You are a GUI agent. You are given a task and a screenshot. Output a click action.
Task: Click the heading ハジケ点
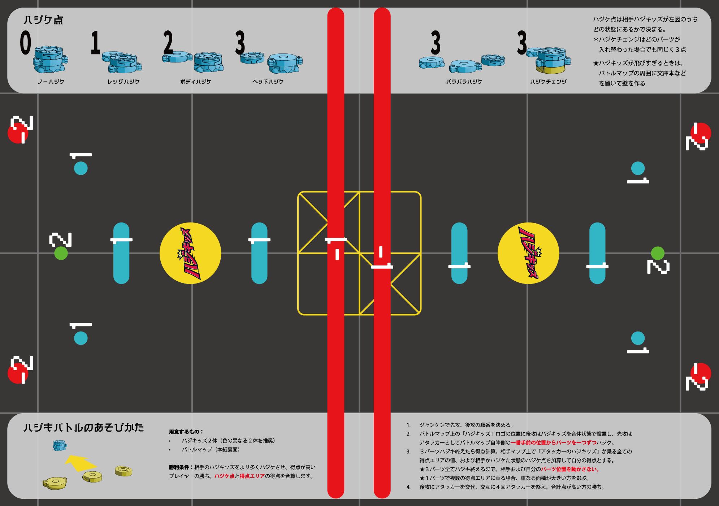coord(43,20)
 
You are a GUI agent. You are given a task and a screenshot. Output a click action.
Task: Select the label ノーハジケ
coord(51,82)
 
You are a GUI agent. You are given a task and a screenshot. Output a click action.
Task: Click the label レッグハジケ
coord(123,82)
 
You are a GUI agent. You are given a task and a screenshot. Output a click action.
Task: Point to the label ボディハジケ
coord(195,82)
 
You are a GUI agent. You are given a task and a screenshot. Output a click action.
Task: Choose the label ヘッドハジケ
coord(268,82)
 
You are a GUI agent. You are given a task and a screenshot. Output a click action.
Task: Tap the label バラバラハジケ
coord(464,82)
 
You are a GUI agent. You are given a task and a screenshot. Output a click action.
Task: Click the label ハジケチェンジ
coord(548,82)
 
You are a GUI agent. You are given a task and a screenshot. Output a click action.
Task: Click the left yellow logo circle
coord(190,253)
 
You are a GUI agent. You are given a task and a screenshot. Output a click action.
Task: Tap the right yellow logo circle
coord(528,253)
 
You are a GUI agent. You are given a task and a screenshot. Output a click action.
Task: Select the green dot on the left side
coord(61,253)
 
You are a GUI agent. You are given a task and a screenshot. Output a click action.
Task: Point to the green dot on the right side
coord(658,253)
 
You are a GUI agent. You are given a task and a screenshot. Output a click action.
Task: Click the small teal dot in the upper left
coord(81,168)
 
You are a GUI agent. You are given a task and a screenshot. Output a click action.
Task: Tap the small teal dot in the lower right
coord(638,338)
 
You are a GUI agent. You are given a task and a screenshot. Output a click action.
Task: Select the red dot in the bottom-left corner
coord(15,374)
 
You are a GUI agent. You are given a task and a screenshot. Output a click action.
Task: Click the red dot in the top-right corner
coord(701,133)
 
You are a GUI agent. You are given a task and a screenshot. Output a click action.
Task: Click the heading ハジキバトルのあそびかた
coord(83,428)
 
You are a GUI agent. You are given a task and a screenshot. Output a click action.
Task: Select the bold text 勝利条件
coord(181,467)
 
